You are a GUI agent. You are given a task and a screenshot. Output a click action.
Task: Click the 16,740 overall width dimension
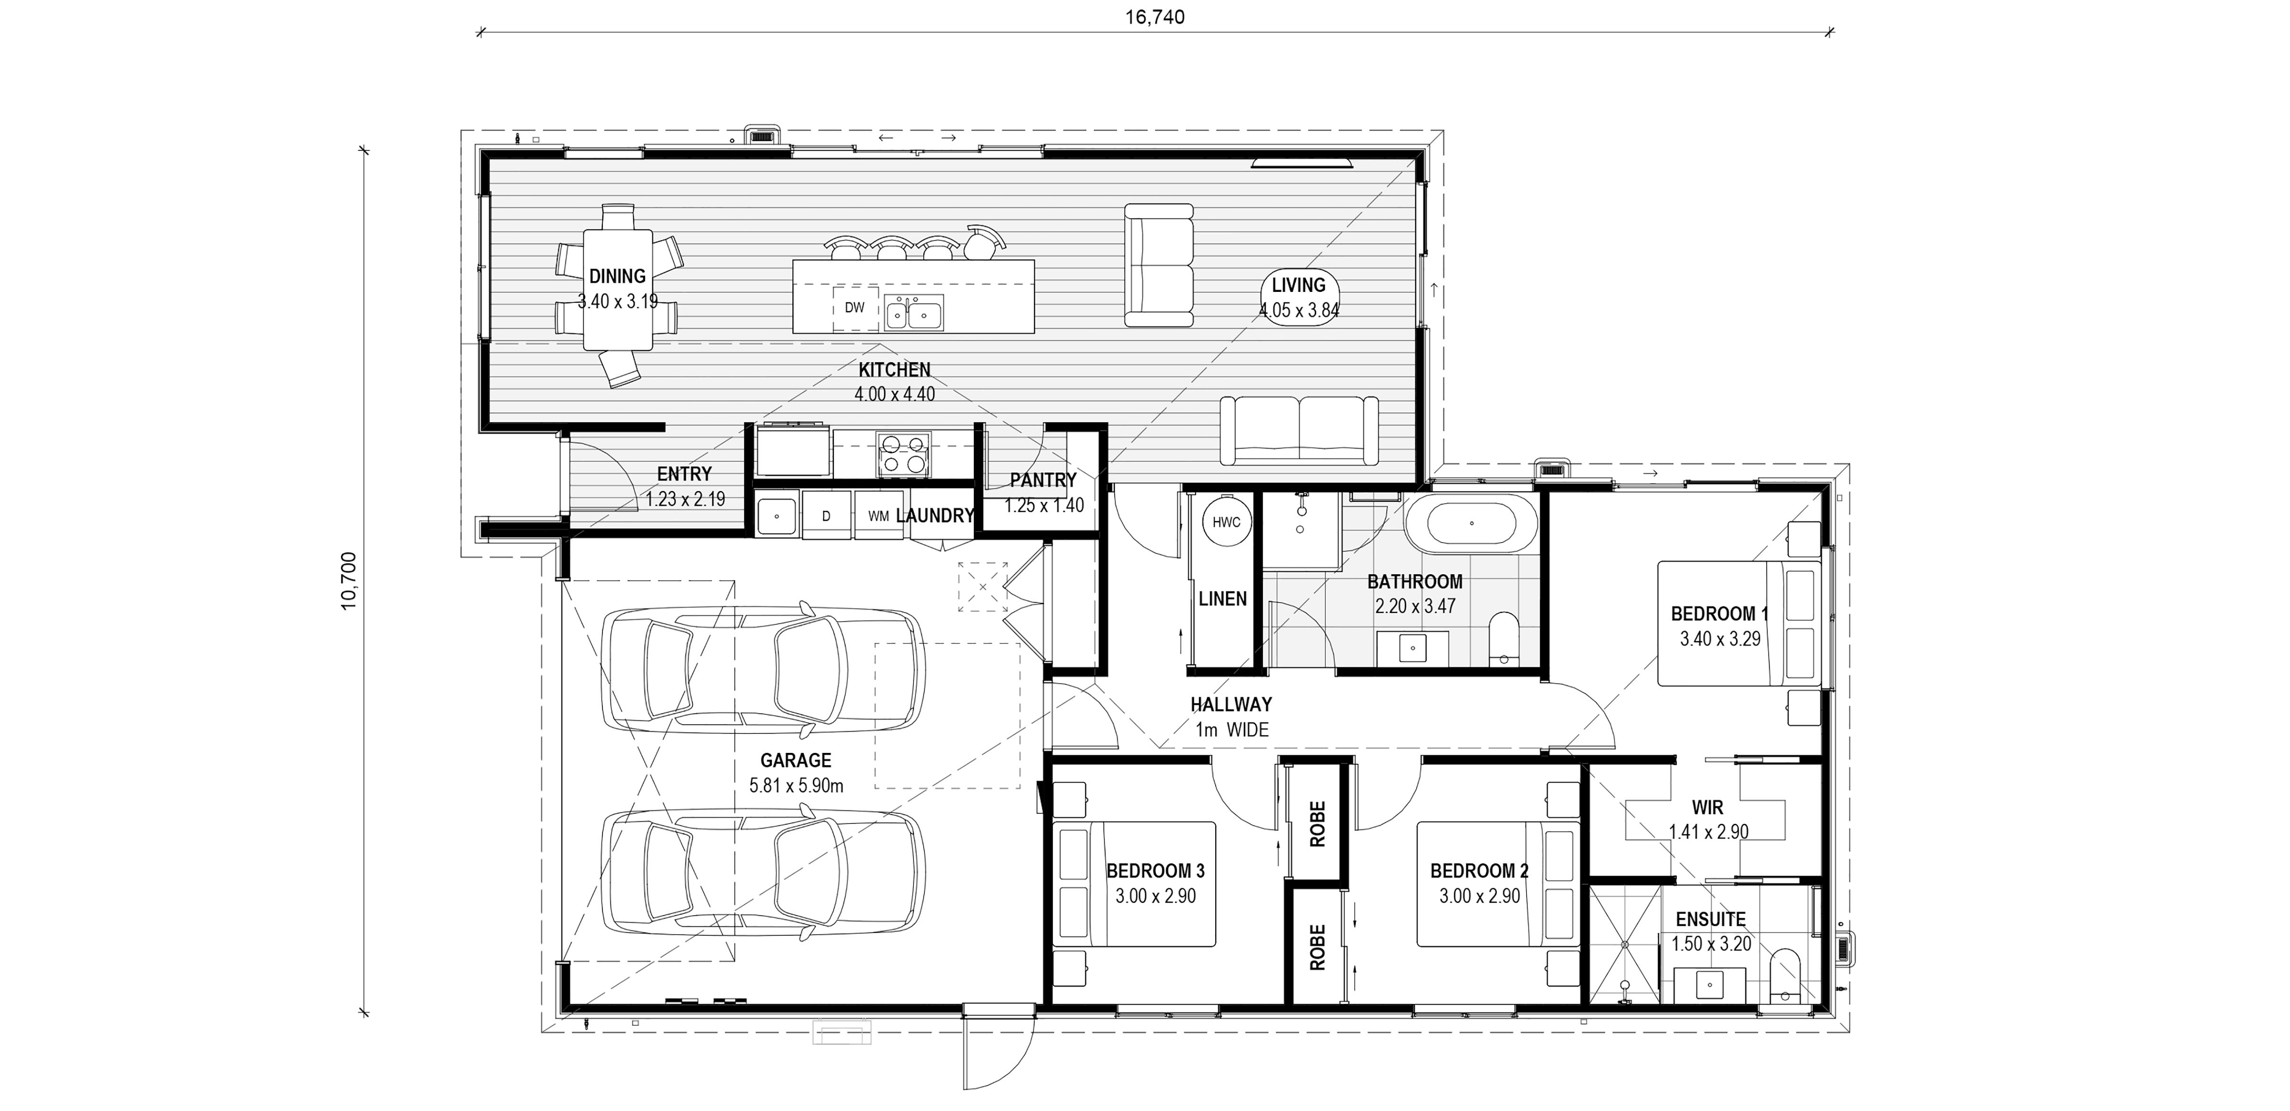coord(1155,17)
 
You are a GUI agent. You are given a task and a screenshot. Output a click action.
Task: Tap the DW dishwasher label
coord(854,308)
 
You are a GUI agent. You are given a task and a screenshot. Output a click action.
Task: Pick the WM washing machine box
coord(878,516)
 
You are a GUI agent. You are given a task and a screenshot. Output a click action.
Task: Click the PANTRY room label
coord(1043,480)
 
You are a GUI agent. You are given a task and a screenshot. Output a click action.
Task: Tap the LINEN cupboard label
coord(1222,599)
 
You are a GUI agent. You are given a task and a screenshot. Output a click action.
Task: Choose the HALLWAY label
coord(1231,705)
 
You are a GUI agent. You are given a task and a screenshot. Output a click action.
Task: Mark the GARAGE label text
coord(796,761)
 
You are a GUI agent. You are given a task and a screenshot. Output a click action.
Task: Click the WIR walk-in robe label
coord(1708,808)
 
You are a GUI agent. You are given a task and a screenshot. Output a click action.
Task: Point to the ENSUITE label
coord(1710,919)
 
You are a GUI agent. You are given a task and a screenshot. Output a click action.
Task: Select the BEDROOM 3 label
coord(1156,871)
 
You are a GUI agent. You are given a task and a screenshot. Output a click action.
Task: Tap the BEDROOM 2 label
coord(1479,871)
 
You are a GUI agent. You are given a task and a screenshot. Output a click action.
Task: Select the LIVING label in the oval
coord(1299,285)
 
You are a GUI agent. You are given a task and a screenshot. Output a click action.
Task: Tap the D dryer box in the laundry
coord(826,516)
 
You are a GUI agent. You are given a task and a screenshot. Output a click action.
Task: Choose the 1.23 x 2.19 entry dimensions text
coord(685,500)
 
